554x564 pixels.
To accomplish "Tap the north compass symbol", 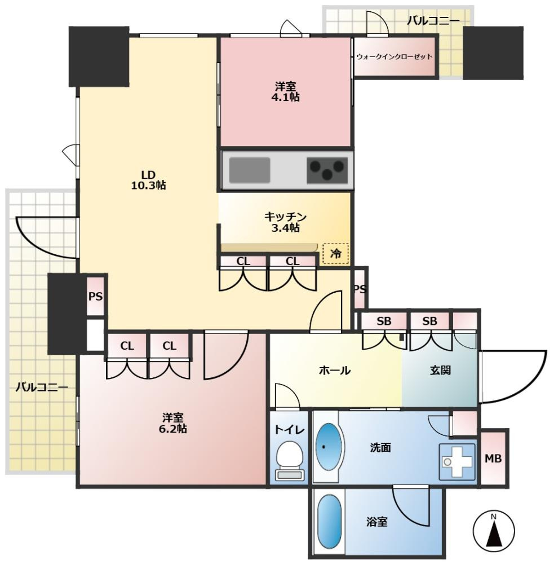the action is [493, 530].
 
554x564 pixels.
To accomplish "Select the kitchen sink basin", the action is [250, 170].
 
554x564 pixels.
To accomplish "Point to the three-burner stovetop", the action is [327, 170].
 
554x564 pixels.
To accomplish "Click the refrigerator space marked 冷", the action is [336, 254].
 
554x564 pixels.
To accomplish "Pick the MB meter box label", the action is [493, 458].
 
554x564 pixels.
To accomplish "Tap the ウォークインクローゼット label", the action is [395, 56].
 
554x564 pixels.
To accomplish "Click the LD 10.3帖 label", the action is [148, 180].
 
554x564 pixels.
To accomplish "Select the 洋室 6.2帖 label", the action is [173, 423].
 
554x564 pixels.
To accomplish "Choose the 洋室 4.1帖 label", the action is [285, 92].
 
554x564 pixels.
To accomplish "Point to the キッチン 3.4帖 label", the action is [285, 222].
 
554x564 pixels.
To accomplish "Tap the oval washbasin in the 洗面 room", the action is [329, 446].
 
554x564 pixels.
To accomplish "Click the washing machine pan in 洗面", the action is [457, 462].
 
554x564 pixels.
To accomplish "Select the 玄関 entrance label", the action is [440, 370].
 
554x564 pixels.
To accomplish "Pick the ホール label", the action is [334, 370].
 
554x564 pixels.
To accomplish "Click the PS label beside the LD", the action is [95, 297].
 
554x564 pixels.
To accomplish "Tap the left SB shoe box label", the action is [384, 321].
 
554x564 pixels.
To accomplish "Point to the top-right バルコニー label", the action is [433, 21].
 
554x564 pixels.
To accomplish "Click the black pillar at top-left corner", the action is [99, 56].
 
